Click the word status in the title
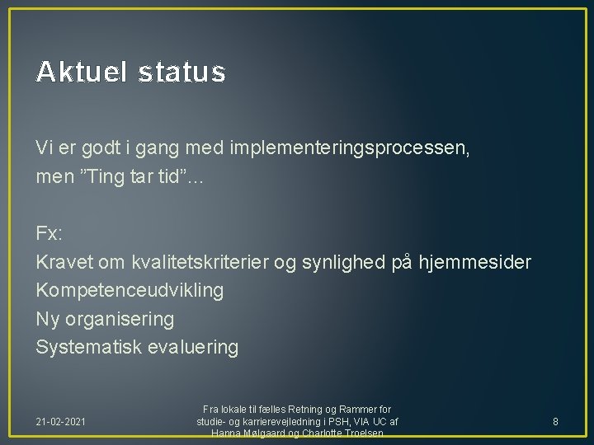181,73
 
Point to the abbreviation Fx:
48,233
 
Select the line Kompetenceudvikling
130,290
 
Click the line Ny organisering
105,319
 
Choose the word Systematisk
90,347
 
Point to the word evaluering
193,347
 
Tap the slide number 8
555,421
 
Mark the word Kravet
63,262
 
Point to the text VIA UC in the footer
367,421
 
